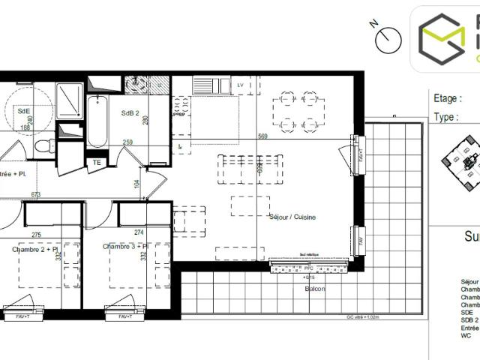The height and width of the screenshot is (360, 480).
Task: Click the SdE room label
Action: pos(23,110)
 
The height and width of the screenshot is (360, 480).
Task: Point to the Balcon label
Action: pos(315,289)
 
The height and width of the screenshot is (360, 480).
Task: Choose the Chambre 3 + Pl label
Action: pos(125,247)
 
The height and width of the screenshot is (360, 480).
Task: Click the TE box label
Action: pos(96,161)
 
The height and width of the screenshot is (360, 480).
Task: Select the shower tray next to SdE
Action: pos(70,98)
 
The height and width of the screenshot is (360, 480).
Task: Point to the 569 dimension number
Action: pos(262,136)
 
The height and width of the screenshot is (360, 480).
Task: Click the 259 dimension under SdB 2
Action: pos(128,142)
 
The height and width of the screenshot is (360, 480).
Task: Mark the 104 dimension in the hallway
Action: pos(136,183)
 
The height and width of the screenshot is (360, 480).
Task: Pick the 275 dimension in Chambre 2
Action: pos(37,234)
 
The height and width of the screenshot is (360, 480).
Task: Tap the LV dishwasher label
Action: pos(240,85)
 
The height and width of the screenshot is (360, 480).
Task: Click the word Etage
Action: pos(448,98)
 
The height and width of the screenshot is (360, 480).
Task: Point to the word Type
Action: pos(446,117)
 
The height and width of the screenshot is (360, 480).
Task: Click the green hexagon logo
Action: pos(442,37)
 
